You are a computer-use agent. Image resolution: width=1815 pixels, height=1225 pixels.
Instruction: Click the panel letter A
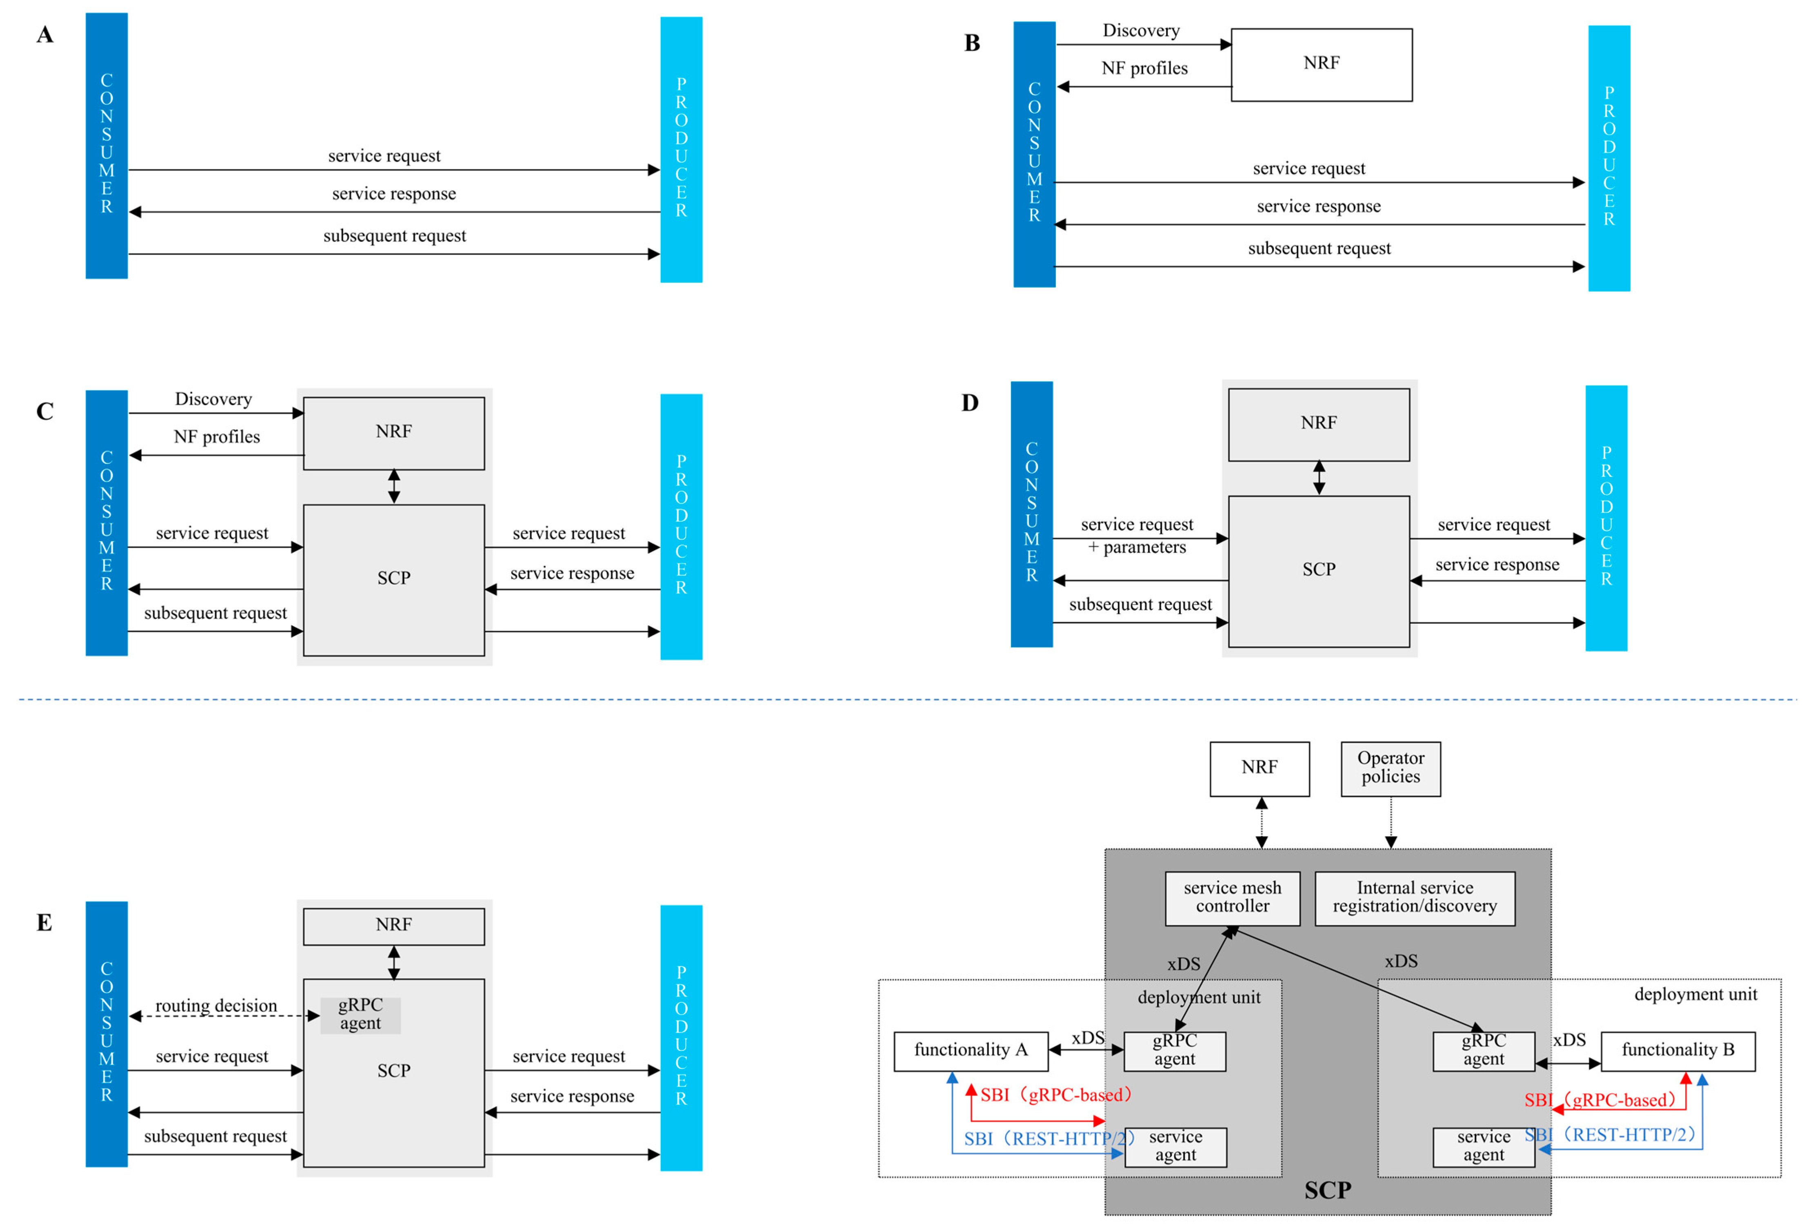(45, 34)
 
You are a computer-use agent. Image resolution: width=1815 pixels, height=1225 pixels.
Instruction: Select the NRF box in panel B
(1322, 65)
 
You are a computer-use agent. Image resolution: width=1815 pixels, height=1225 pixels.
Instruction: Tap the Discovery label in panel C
(213, 399)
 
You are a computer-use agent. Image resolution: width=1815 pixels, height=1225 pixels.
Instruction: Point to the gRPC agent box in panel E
(360, 1014)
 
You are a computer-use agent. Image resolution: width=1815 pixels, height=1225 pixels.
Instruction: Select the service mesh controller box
(1233, 898)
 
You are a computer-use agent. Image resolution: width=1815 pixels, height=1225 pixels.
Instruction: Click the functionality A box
(971, 1051)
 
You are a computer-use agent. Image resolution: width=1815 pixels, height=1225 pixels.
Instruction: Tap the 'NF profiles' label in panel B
(1144, 69)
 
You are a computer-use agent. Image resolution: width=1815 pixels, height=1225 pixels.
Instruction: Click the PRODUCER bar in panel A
(681, 149)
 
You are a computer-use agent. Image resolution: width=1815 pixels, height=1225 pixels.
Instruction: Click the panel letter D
(970, 403)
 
